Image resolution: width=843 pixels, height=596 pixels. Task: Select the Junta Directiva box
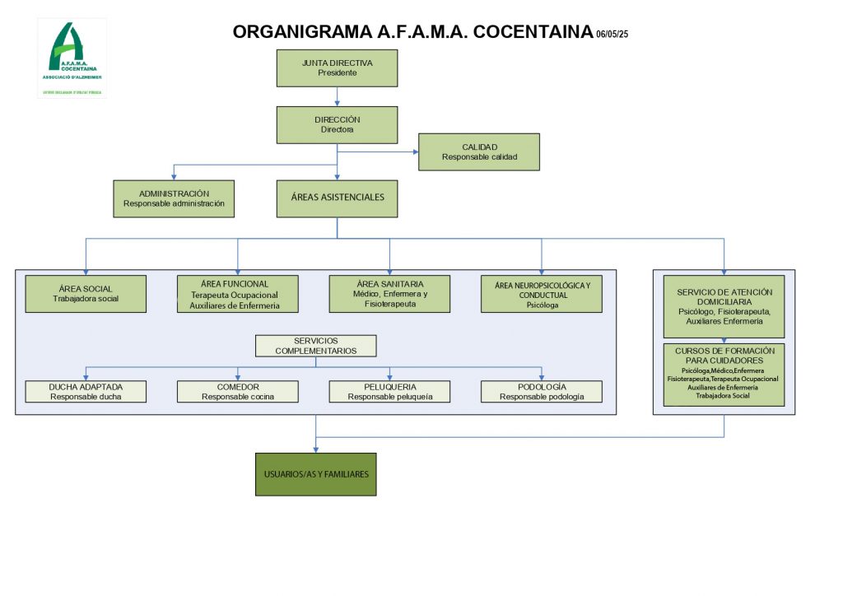pyautogui.click(x=338, y=68)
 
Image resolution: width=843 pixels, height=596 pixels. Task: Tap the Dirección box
pyautogui.click(x=338, y=124)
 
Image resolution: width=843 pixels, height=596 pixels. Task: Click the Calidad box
pyautogui.click(x=479, y=151)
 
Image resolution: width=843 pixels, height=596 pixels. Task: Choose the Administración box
pyautogui.click(x=174, y=198)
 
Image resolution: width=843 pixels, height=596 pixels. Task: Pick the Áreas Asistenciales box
pyautogui.click(x=338, y=198)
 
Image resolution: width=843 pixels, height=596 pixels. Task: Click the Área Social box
pyautogui.click(x=86, y=294)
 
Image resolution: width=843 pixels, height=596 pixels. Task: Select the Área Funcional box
pyautogui.click(x=238, y=294)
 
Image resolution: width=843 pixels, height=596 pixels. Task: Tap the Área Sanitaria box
pyautogui.click(x=389, y=294)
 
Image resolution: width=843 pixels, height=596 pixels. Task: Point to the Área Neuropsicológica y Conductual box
pyautogui.click(x=542, y=294)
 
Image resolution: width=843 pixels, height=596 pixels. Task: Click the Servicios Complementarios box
pyautogui.click(x=316, y=346)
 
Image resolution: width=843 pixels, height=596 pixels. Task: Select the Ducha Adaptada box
pyautogui.click(x=86, y=392)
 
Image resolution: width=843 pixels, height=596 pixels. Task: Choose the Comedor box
pyautogui.click(x=238, y=392)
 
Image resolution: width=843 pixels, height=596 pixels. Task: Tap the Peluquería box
pyautogui.click(x=389, y=392)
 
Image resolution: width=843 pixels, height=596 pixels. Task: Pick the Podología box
pyautogui.click(x=542, y=392)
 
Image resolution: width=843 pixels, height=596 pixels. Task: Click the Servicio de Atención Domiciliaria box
pyautogui.click(x=724, y=306)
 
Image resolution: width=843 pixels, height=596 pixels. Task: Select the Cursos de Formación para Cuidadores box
pyautogui.click(x=724, y=375)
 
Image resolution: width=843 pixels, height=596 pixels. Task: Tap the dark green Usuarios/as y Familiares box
pyautogui.click(x=316, y=474)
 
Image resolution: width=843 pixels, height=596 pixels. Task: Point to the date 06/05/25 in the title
pyautogui.click(x=612, y=35)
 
